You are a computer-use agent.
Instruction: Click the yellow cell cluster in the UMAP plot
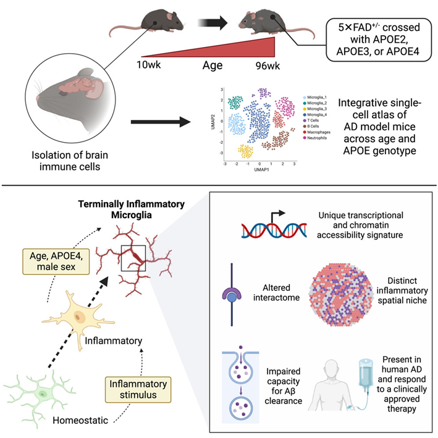point(246,152)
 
